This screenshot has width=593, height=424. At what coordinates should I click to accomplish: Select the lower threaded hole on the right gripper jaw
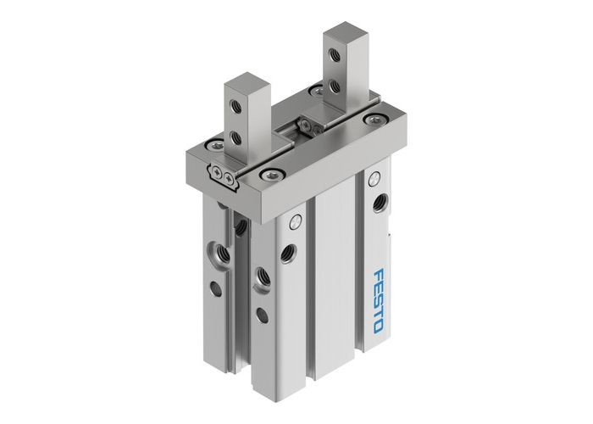tap(337, 86)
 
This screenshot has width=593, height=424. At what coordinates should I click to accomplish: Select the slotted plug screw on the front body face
tap(295, 223)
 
